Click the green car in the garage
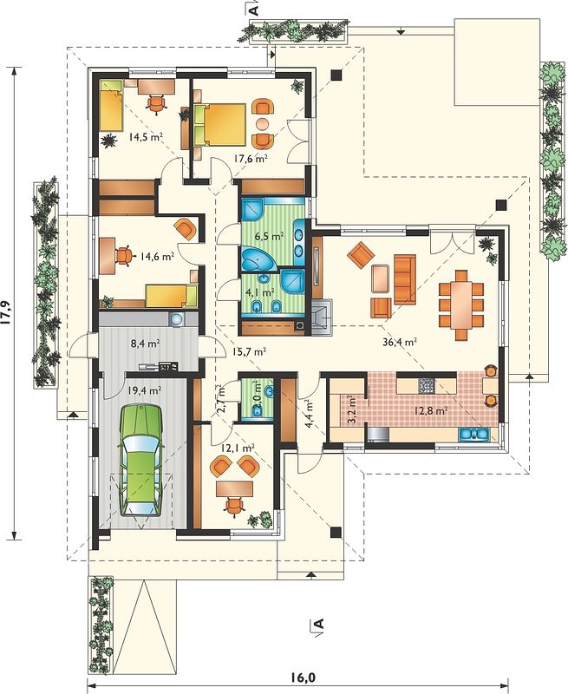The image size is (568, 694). click(x=141, y=461)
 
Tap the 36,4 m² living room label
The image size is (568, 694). click(x=399, y=342)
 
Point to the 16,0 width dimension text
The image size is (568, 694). click(x=303, y=677)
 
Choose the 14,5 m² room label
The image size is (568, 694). click(x=146, y=137)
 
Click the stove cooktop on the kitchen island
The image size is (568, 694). click(x=427, y=386)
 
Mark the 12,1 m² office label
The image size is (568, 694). click(x=238, y=448)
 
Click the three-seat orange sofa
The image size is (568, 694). click(x=405, y=279)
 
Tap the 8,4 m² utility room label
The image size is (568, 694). click(x=147, y=342)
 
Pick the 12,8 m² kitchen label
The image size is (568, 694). click(x=431, y=410)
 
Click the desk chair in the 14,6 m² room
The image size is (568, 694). click(x=122, y=256)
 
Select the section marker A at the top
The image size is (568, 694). click(x=254, y=10)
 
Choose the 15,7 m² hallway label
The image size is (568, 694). click(x=249, y=351)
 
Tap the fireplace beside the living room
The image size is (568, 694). click(x=322, y=317)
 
